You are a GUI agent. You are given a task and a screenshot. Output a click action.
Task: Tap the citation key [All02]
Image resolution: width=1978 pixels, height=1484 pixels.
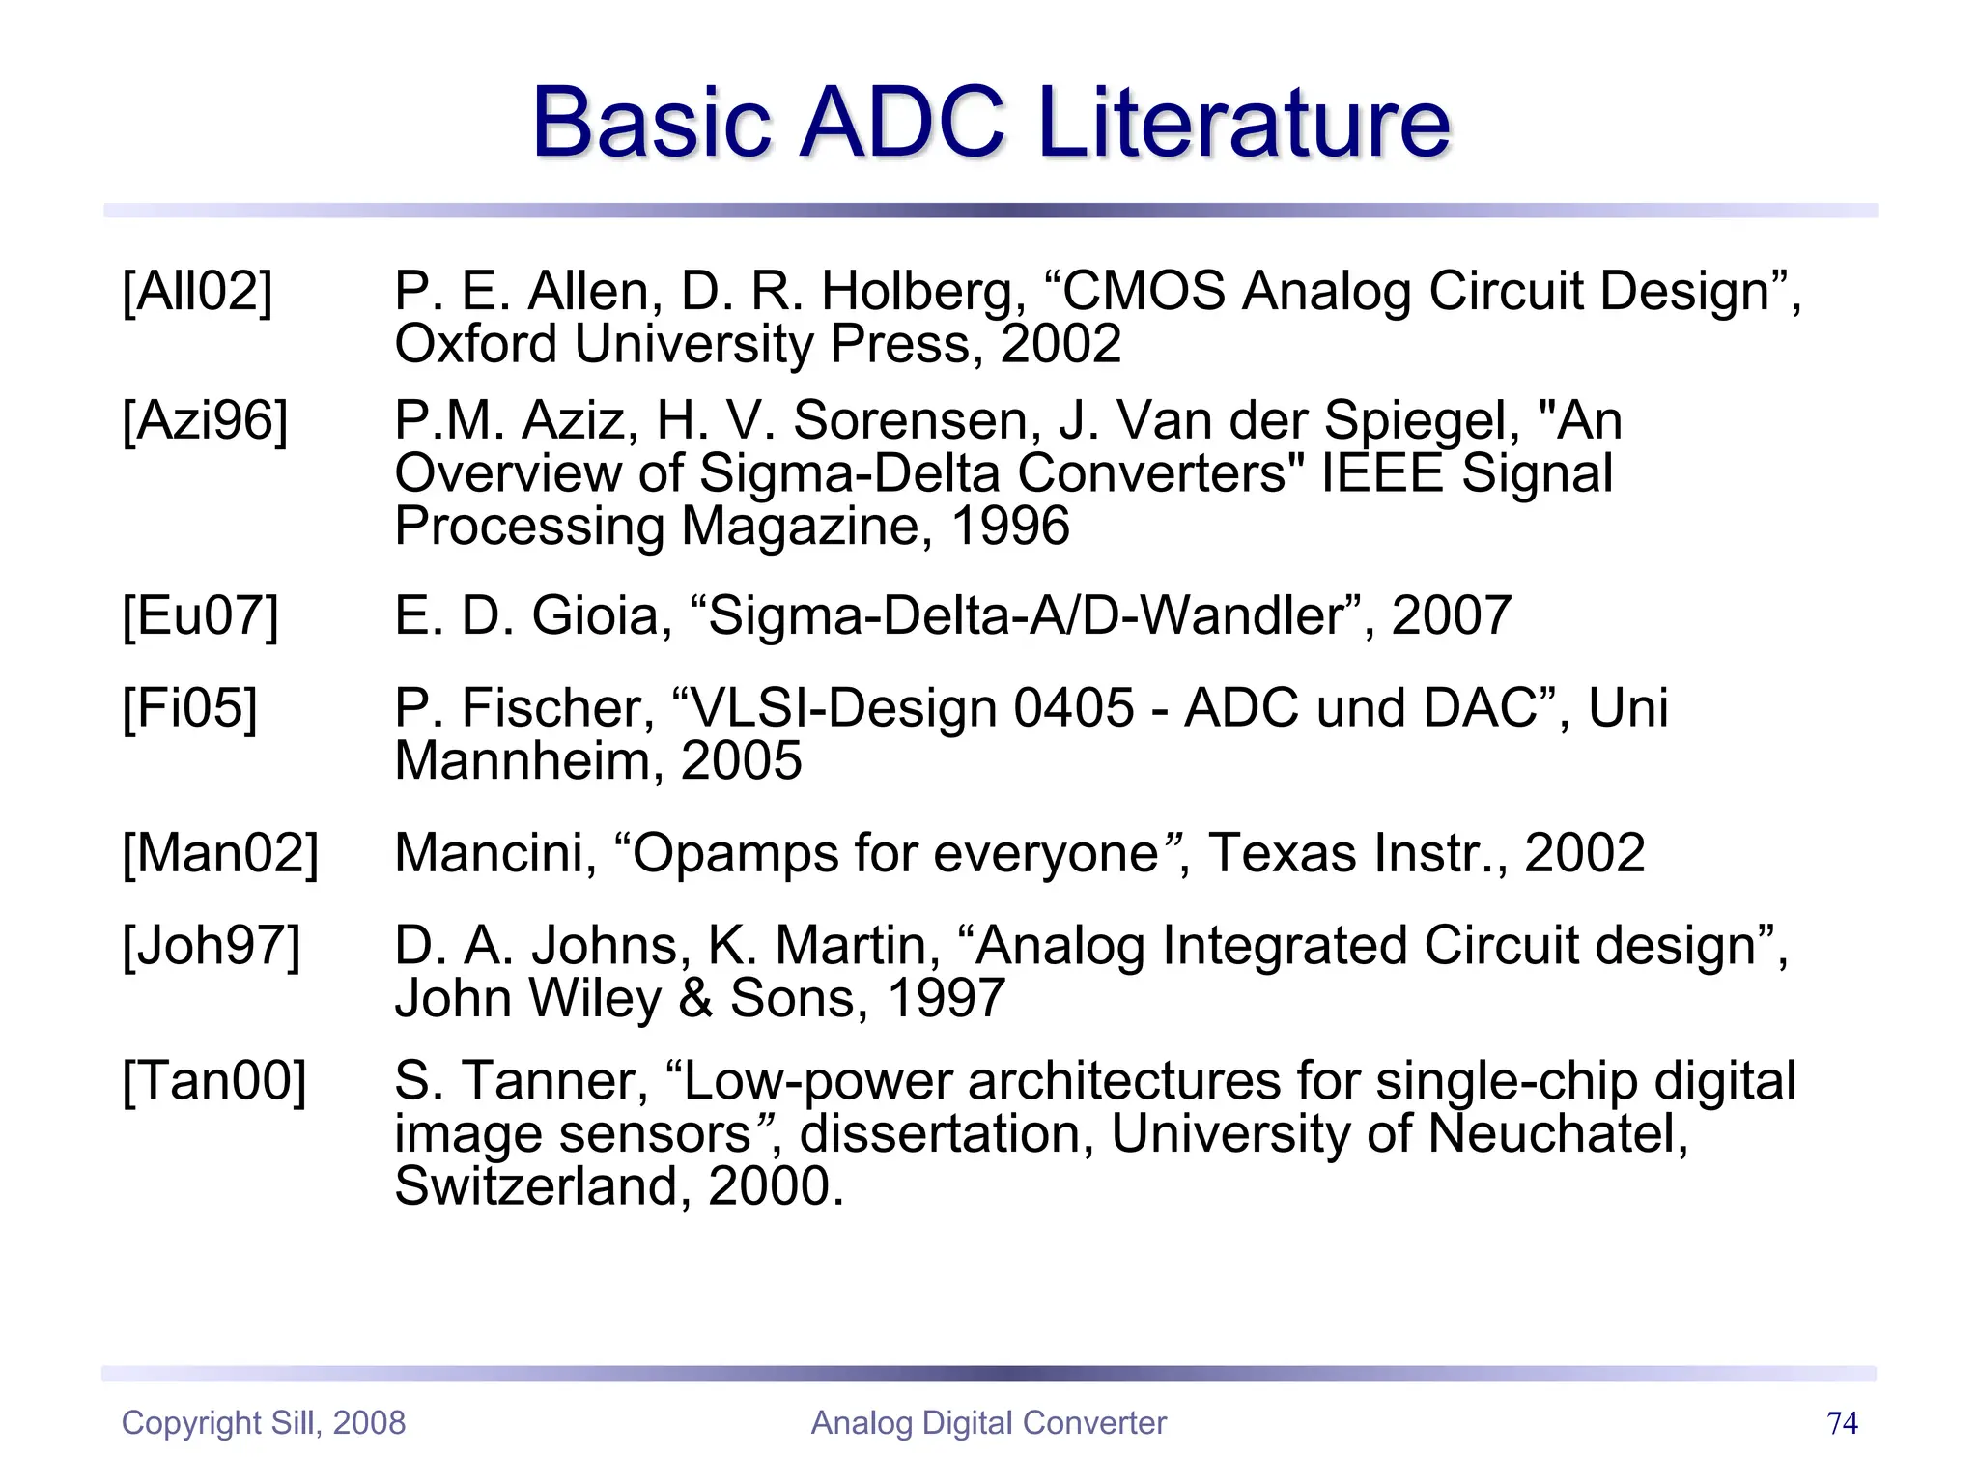coord(197,291)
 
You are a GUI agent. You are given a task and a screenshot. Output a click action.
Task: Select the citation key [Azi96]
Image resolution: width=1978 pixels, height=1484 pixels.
coord(205,421)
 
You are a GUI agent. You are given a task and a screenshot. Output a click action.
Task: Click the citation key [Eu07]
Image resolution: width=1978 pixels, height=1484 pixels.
coord(200,616)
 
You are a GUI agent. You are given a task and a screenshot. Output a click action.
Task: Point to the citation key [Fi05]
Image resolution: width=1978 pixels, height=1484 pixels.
coord(189,709)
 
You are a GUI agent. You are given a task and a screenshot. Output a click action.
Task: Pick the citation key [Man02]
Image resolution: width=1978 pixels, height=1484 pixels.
coord(220,854)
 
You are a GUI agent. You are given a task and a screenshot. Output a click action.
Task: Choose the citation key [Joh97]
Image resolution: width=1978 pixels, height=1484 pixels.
coord(211,946)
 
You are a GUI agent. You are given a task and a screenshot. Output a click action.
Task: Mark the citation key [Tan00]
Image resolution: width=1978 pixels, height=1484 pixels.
coord(213,1081)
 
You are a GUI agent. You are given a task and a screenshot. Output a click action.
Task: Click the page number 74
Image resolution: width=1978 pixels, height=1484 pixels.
coord(1842,1423)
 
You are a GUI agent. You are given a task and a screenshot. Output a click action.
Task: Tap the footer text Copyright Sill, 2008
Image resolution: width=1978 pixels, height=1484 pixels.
coord(263,1423)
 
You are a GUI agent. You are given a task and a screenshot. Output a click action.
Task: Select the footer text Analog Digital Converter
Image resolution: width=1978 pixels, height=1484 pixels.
coord(988,1423)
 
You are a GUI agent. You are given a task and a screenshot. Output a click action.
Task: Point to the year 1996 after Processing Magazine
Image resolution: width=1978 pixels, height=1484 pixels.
coord(1010,528)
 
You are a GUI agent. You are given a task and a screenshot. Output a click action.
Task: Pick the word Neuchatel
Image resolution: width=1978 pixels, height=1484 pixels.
coord(1557,1134)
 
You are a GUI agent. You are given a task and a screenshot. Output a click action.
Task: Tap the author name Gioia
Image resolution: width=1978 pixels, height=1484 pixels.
coord(602,616)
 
